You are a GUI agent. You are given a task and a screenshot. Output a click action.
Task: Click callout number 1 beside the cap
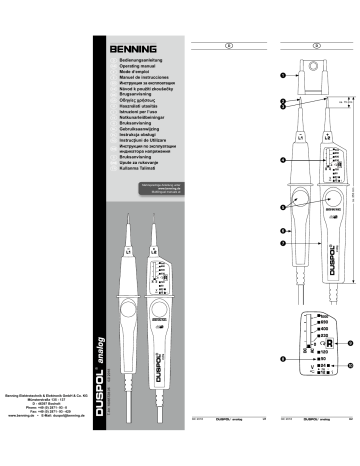click(x=284, y=76)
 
